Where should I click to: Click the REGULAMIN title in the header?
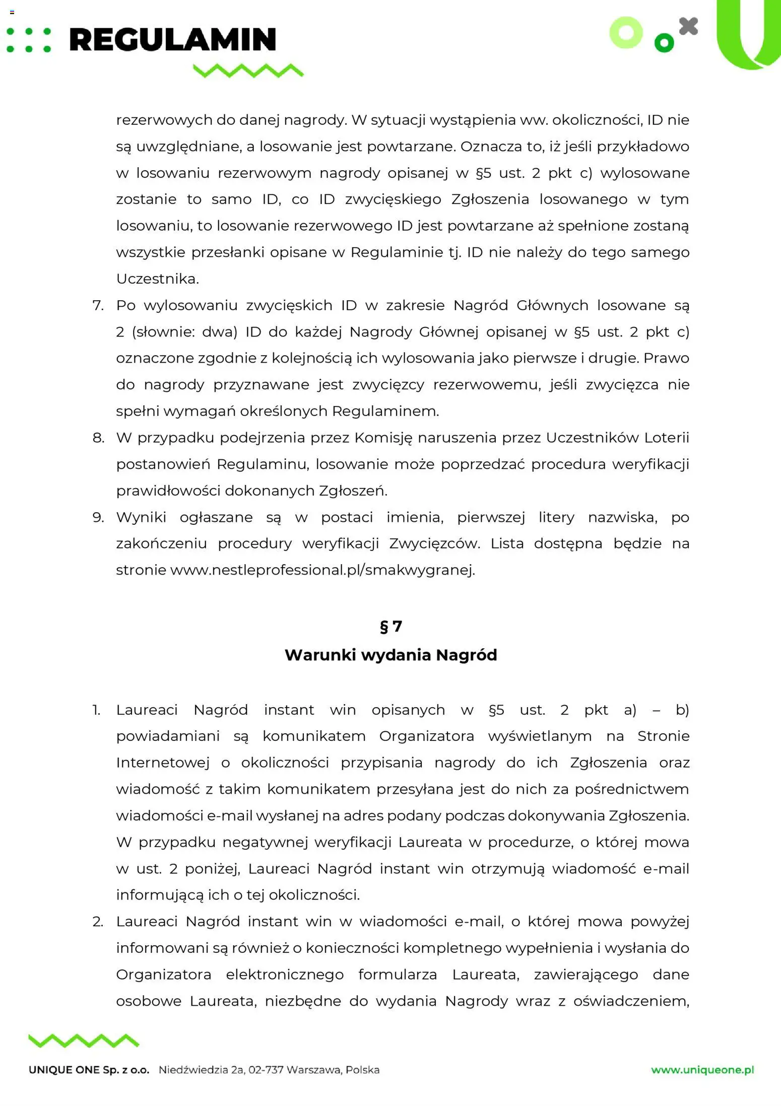point(172,40)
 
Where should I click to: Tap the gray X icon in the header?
point(688,26)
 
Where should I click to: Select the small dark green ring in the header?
point(664,43)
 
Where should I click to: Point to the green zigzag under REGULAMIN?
point(248,71)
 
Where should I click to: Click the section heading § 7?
point(390,626)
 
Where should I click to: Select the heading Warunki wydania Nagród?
point(390,655)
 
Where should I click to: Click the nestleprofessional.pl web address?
point(322,570)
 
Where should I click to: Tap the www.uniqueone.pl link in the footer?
point(702,1070)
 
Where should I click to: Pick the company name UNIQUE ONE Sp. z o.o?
point(89,1070)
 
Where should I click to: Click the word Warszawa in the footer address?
point(315,1070)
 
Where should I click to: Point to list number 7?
point(98,305)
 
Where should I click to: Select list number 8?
point(98,438)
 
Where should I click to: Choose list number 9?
point(98,517)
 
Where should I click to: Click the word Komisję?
point(383,438)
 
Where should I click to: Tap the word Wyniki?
point(141,517)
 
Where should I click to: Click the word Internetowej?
point(163,763)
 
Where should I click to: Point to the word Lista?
point(507,543)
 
